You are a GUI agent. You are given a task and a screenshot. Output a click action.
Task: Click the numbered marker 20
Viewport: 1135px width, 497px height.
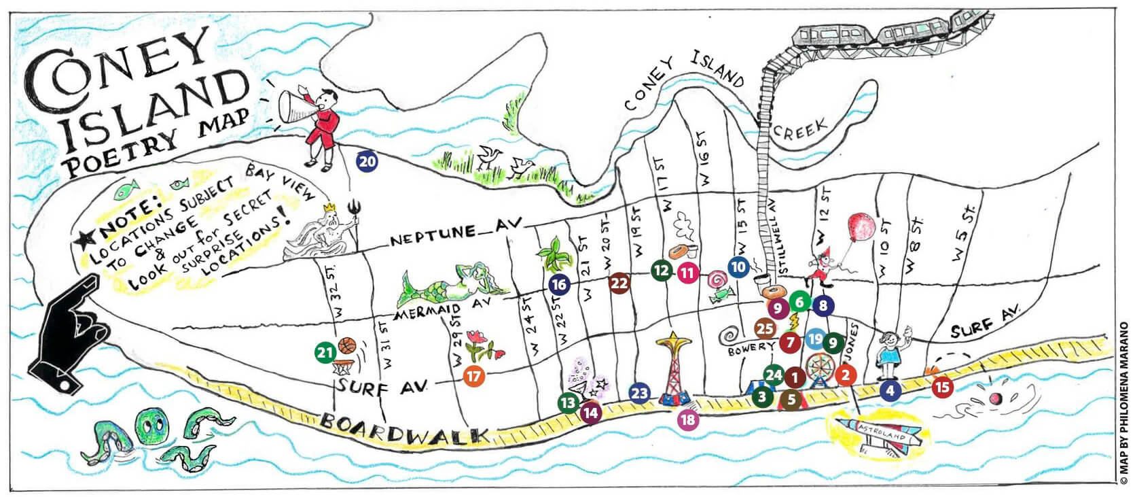click(367, 161)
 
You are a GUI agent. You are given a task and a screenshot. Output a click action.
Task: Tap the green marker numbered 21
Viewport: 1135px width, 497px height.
click(325, 352)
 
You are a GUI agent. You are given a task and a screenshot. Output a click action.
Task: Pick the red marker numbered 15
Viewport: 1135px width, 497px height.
click(941, 388)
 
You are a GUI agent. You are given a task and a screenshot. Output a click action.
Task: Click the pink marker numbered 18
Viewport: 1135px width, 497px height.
click(687, 419)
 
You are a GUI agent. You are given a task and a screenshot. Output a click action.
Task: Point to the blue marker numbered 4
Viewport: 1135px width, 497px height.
click(890, 390)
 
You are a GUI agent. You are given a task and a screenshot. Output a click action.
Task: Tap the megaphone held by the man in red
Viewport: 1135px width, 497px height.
click(295, 107)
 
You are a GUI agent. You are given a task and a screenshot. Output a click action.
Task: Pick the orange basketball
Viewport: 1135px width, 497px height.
click(347, 345)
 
